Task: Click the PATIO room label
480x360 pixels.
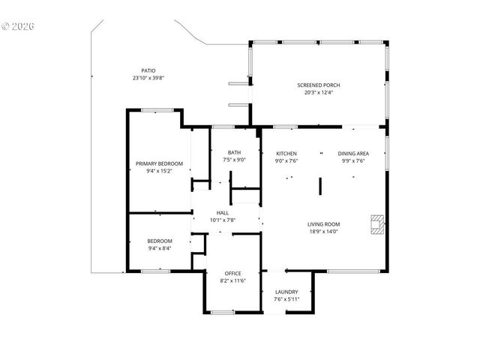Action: point(148,70)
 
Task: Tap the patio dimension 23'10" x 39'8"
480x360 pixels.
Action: point(148,77)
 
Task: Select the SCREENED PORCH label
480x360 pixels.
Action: point(319,85)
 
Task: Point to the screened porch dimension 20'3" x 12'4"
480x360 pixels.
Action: point(319,92)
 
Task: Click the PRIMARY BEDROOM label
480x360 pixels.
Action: point(158,163)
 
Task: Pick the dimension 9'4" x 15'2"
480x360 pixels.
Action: point(158,171)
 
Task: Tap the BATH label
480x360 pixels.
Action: point(234,152)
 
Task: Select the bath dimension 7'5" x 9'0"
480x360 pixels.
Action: point(234,159)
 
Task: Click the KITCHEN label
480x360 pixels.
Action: point(286,152)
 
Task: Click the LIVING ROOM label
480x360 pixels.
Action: point(323,224)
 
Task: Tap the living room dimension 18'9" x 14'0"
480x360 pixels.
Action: point(323,232)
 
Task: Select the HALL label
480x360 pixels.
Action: point(223,212)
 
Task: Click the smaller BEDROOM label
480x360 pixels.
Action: point(159,241)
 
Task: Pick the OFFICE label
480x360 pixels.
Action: point(233,273)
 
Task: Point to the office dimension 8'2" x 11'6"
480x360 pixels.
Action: point(233,280)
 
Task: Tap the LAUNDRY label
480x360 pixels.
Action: point(286,292)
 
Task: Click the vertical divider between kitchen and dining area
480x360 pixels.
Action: point(319,187)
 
